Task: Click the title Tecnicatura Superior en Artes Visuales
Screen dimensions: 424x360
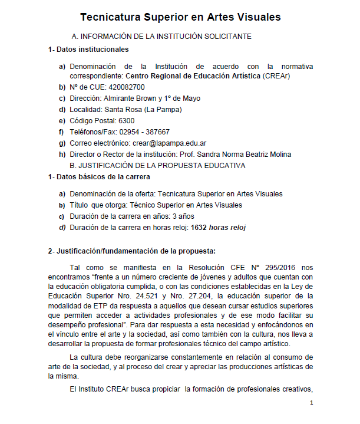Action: tap(180, 17)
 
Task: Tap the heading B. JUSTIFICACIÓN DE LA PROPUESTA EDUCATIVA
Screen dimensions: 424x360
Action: tap(157, 165)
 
